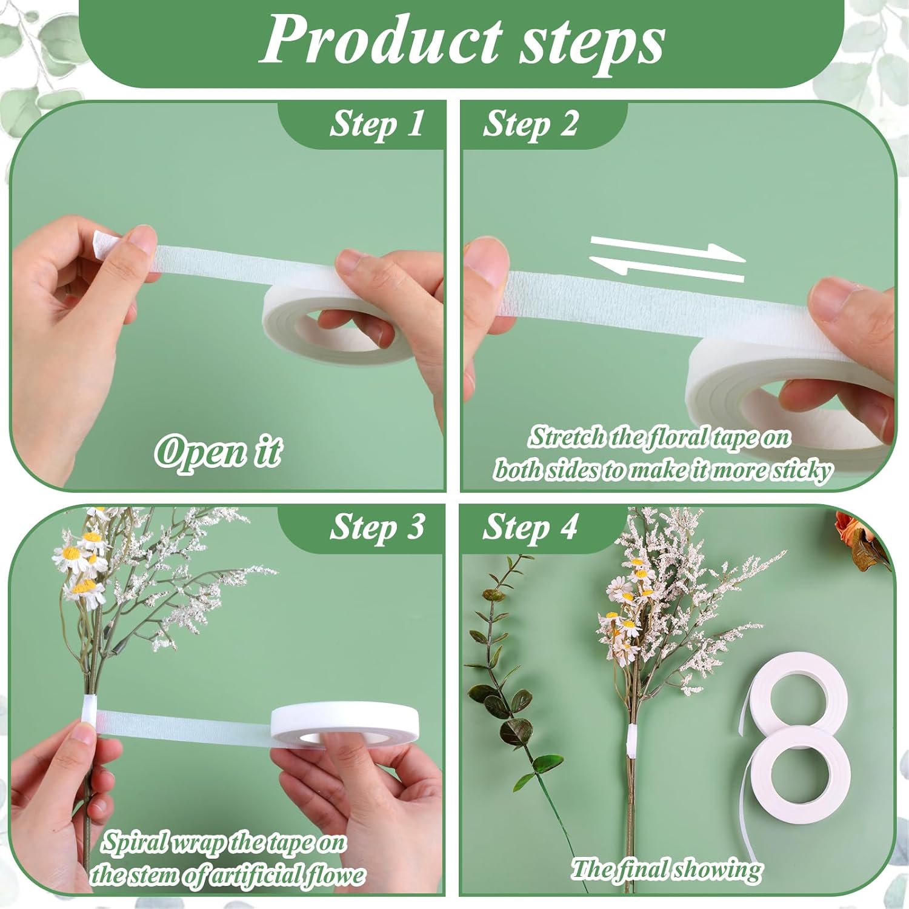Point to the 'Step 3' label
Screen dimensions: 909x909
point(376,527)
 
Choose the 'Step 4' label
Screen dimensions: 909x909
point(530,527)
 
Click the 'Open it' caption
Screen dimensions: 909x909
point(218,451)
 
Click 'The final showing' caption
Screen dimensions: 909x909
point(667,870)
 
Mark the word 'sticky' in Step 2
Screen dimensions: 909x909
point(801,470)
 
